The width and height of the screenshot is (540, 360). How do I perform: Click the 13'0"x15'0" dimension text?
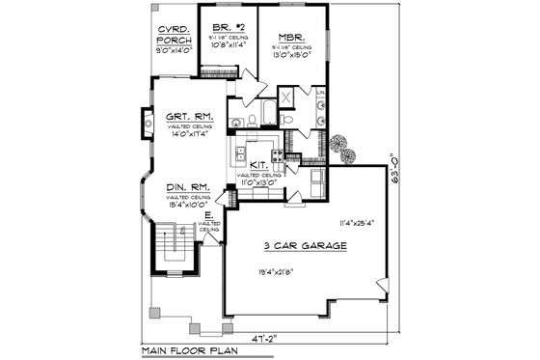coord(296,57)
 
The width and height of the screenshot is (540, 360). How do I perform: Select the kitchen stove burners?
coord(277,152)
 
